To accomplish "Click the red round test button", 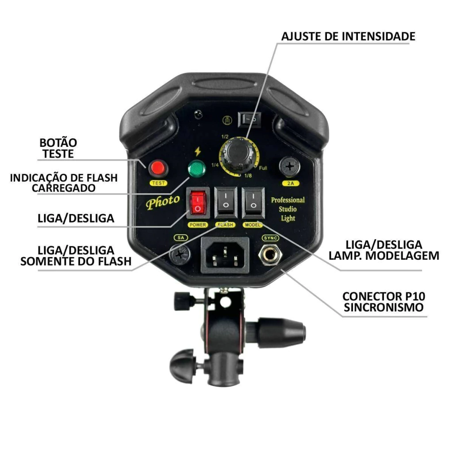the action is (158, 168).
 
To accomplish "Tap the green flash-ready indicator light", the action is (197, 169).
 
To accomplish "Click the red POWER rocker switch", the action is (198, 203).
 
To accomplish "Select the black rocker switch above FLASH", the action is (226, 203).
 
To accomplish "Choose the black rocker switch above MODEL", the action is (253, 203).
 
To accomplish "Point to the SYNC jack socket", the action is (270, 254).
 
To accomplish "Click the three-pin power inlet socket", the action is (225, 255).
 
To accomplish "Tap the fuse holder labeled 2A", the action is (290, 167).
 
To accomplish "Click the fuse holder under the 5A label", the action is (180, 254).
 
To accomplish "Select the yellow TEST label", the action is (158, 183).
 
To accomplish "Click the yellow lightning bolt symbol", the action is (198, 152).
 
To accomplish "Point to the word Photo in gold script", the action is (163, 202).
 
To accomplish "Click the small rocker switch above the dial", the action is (250, 119).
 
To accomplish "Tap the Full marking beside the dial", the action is (263, 168).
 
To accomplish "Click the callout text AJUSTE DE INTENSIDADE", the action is (348, 36).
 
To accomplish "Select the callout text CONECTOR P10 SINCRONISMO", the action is (384, 302).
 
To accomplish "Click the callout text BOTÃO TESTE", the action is (58, 148).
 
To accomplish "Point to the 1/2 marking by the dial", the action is (225, 137).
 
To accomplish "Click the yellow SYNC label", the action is (270, 238).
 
